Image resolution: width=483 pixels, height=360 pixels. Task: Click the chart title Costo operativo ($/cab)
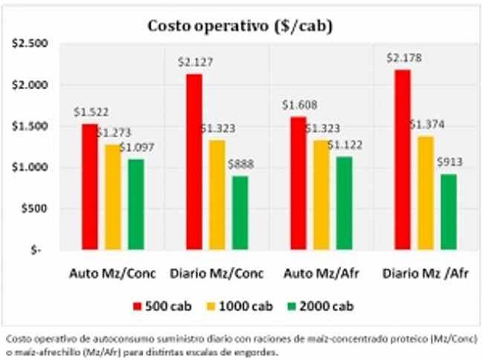(x=240, y=26)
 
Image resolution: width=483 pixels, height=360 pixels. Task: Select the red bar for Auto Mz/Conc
(x=90, y=186)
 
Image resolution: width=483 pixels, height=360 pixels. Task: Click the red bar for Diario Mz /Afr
(x=401, y=159)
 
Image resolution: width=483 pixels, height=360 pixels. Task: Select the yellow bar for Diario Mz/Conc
(x=217, y=195)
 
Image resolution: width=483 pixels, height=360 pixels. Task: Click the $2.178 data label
(x=401, y=57)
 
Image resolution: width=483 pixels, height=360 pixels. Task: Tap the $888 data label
(x=240, y=165)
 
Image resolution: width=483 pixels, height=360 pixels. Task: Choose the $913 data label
(x=449, y=161)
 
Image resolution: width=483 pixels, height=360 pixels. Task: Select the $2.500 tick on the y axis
(x=29, y=44)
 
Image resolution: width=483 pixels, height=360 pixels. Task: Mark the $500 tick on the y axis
(x=35, y=208)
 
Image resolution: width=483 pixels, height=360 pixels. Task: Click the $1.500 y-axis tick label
(x=29, y=126)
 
